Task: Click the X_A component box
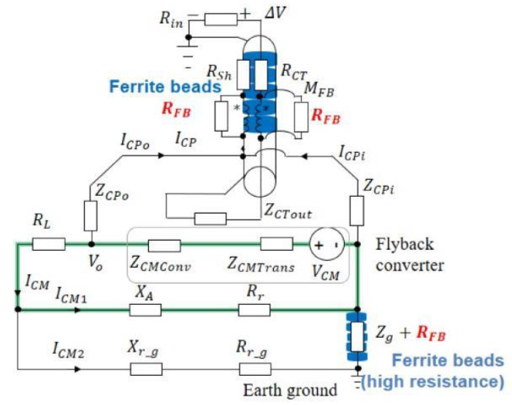[145, 309]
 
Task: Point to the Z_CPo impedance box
[91, 215]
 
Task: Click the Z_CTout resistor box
[210, 217]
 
